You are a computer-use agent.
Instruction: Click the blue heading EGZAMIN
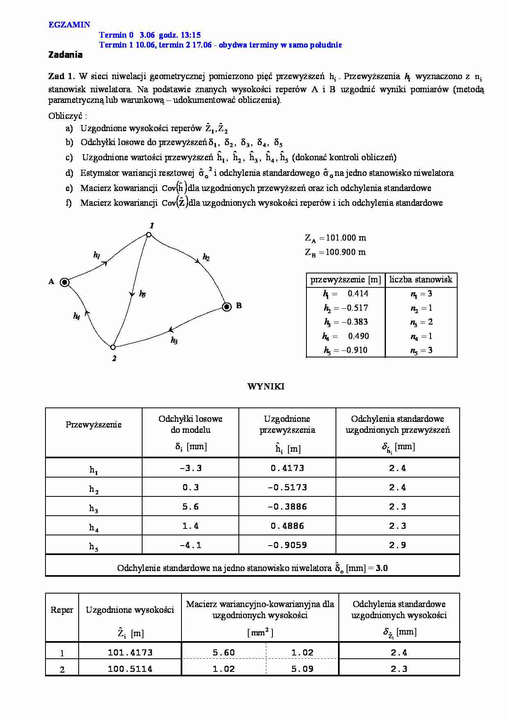point(69,25)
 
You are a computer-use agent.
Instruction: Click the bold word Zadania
point(65,55)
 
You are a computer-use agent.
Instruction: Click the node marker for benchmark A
point(65,282)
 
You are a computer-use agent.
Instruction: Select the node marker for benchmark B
point(227,307)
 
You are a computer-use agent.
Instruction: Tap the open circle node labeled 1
point(149,234)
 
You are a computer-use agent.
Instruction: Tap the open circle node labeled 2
point(113,347)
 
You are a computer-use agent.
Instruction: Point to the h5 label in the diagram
point(142,294)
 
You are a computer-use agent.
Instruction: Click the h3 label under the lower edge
point(174,340)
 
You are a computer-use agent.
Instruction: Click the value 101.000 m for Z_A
point(346,238)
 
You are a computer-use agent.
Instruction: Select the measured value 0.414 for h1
point(358,294)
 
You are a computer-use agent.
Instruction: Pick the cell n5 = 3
point(421,350)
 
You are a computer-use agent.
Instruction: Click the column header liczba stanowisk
point(421,280)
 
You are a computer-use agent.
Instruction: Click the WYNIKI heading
point(265,386)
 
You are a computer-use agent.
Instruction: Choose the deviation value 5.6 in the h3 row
point(190,507)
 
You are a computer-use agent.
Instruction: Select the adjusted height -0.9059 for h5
point(287,545)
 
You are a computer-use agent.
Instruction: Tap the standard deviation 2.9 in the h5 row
point(397,545)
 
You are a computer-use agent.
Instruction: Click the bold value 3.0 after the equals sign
point(382,568)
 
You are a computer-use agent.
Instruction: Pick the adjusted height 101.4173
point(130,652)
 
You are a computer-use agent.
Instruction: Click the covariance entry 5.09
point(302,669)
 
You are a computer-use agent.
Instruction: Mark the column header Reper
point(62,610)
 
